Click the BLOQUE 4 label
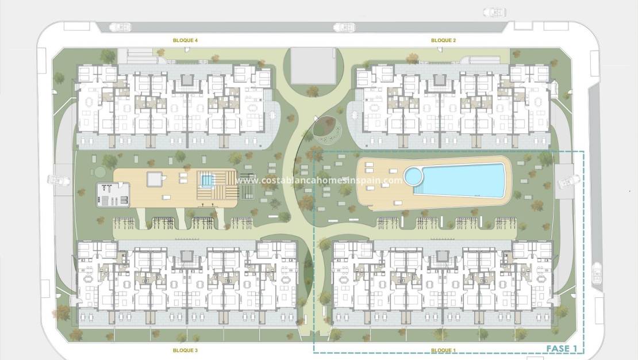tap(185, 40)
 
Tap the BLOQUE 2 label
tap(443, 40)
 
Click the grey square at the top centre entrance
tap(313, 66)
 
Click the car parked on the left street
tap(59, 181)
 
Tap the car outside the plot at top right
tap(495, 12)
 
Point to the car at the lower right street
tap(597, 272)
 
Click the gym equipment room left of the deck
tap(112, 194)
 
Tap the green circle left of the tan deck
tap(101, 172)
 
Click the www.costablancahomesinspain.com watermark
tap(318, 180)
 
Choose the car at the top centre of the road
tap(344, 26)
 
